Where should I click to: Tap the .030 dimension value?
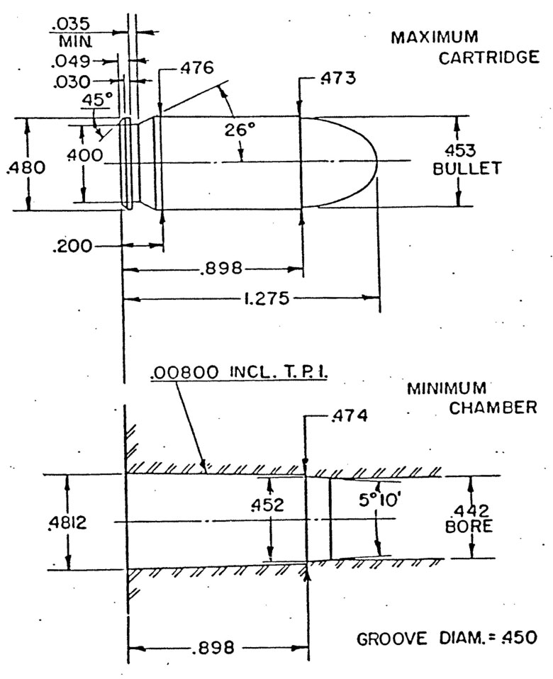(x=69, y=82)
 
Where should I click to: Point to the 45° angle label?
(x=99, y=101)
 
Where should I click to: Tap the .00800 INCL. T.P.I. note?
(x=237, y=374)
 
